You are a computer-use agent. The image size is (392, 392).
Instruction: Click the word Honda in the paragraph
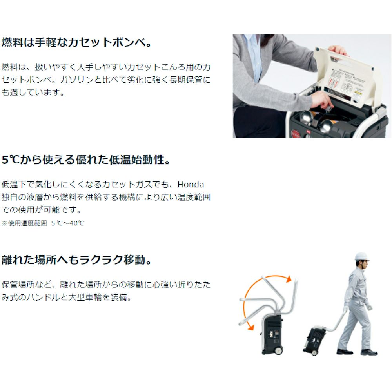(x=191, y=185)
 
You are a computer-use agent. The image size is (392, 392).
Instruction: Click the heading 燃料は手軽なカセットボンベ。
(x=76, y=42)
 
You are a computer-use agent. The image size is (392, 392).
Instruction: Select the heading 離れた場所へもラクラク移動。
(x=76, y=260)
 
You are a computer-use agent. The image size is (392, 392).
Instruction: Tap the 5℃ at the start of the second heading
(x=11, y=160)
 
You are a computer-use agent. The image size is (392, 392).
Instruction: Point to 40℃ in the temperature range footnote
(x=76, y=223)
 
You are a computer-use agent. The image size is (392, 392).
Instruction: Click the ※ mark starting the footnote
(x=4, y=223)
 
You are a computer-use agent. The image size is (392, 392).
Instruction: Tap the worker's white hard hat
(x=362, y=257)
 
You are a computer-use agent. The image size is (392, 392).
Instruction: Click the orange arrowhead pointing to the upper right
(x=289, y=279)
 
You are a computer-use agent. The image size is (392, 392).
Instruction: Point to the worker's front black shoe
(x=369, y=352)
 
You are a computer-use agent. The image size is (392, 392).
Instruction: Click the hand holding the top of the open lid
(x=337, y=51)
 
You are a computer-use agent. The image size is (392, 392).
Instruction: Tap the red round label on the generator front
(x=295, y=134)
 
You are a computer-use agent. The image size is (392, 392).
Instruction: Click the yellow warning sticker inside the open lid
(x=358, y=95)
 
